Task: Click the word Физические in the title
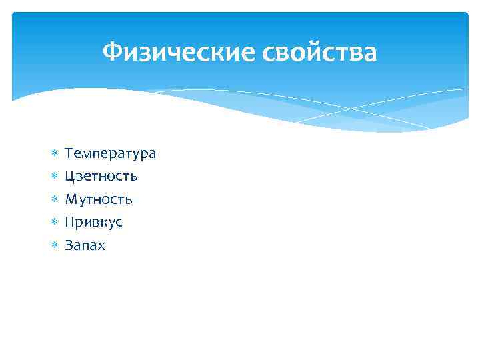tap(173, 52)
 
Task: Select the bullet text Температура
tap(110, 154)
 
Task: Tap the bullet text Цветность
tap(101, 177)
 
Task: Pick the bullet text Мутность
tap(99, 199)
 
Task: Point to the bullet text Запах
tap(85, 245)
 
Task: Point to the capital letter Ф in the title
tap(113, 52)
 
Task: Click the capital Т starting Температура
tap(69, 154)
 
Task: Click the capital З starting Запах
tap(69, 245)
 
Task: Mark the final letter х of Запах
tap(101, 246)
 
